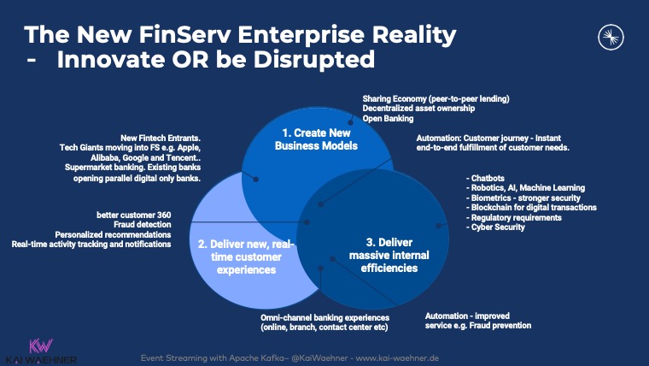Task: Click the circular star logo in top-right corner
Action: [x=609, y=35]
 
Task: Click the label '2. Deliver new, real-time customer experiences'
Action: [x=247, y=257]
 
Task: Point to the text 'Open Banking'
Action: [x=388, y=119]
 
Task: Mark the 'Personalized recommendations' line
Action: [x=113, y=234]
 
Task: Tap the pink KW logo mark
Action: [x=41, y=345]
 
